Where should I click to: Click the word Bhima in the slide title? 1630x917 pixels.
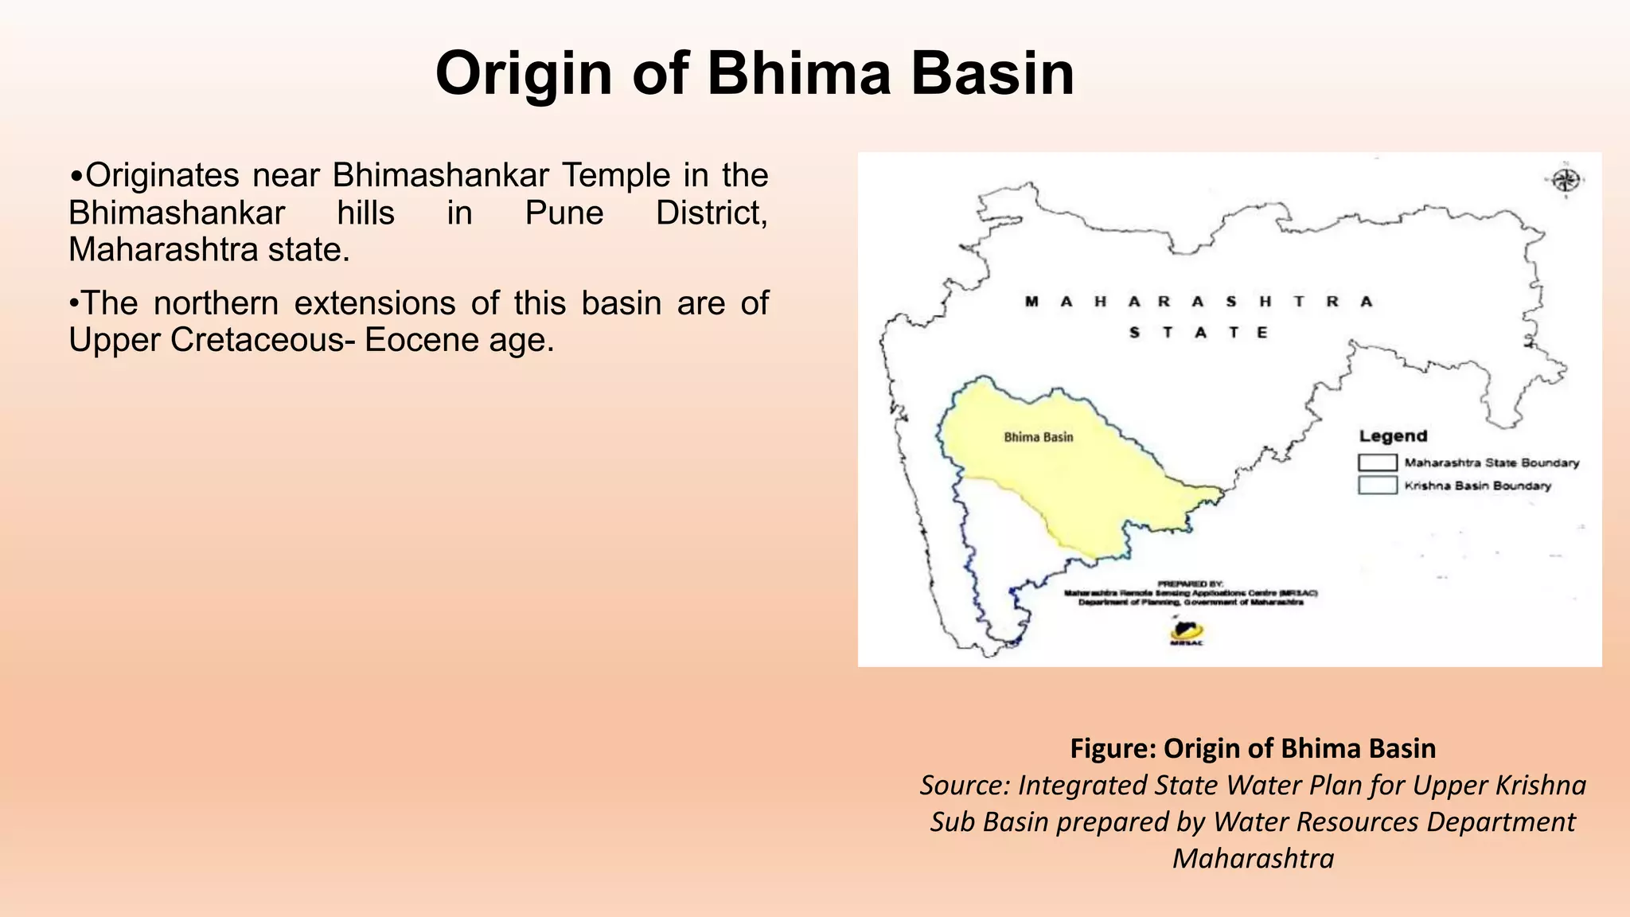tap(799, 73)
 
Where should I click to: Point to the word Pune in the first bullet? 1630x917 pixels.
tap(564, 213)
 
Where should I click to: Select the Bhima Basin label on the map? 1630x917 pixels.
tap(1038, 437)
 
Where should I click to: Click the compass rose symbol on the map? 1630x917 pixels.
tap(1566, 181)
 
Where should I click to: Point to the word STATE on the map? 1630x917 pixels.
tap(1199, 333)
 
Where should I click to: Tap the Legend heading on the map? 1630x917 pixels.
tap(1393, 436)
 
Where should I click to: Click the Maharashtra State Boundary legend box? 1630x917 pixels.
tap(1377, 462)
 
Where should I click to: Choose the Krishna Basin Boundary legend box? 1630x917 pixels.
tap(1377, 486)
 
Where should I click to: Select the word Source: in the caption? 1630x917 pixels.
tap(965, 786)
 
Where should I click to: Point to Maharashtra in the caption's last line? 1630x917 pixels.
tap(1253, 859)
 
